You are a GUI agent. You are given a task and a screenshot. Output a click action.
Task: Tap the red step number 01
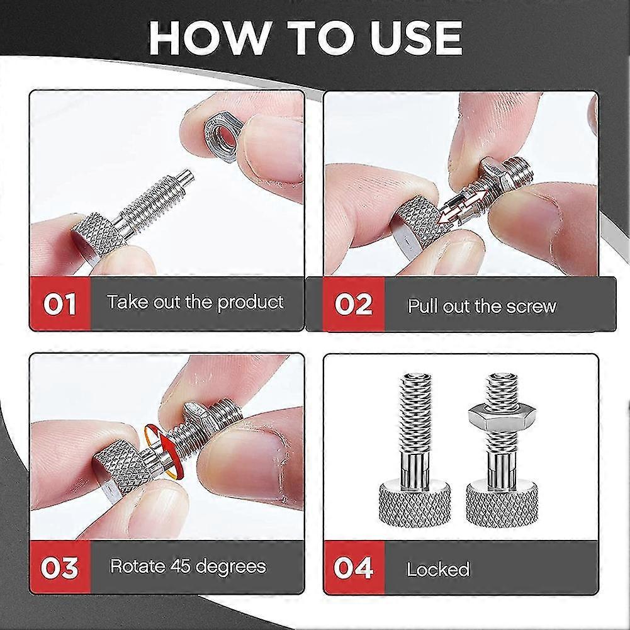click(x=60, y=304)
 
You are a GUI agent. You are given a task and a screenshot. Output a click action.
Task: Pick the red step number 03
click(x=60, y=567)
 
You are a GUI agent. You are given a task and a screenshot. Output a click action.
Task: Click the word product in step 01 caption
click(x=250, y=303)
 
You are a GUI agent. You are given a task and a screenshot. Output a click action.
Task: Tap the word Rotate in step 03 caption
click(x=138, y=566)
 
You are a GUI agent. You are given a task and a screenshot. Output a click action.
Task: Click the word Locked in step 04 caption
click(x=438, y=570)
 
